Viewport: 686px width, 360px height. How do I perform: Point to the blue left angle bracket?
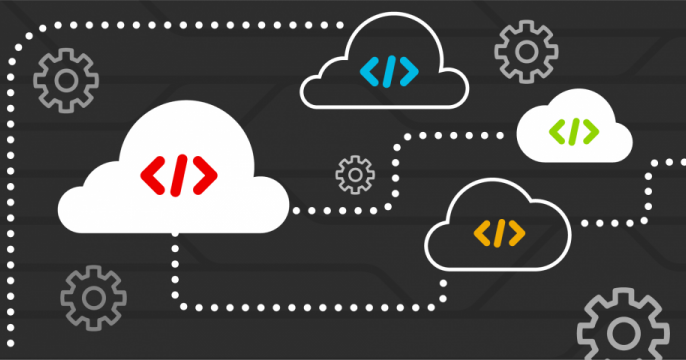(371, 71)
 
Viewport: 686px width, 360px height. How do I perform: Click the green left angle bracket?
(559, 130)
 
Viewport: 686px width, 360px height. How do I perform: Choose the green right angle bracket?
(591, 130)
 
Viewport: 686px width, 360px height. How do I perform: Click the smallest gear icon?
(354, 174)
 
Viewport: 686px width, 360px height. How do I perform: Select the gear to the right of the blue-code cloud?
(526, 51)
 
